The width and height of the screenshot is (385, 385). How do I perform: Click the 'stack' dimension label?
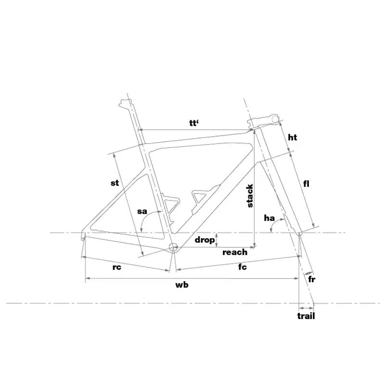(x=250, y=196)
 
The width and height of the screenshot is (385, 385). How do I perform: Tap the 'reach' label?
(x=235, y=252)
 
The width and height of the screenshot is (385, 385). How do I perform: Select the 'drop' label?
(x=205, y=240)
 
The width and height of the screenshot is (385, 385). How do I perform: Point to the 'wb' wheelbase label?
(x=182, y=285)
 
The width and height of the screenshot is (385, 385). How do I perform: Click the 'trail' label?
(x=306, y=316)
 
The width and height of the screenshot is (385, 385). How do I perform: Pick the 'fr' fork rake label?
(x=311, y=279)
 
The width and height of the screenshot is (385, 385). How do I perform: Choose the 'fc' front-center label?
(x=243, y=267)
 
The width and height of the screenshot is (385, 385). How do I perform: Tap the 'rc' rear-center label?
(x=117, y=267)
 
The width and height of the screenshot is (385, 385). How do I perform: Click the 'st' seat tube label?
(x=115, y=183)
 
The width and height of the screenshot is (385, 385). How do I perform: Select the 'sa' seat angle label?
(x=142, y=211)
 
